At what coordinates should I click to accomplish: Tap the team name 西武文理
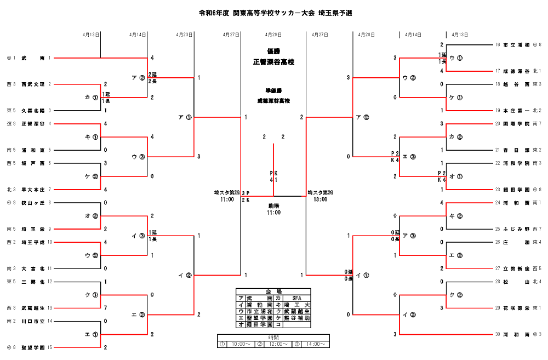(x=33, y=84)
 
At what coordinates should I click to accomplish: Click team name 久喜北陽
(x=33, y=110)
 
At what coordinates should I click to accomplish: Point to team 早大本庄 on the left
(x=33, y=190)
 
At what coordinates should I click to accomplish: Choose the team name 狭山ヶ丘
(x=33, y=203)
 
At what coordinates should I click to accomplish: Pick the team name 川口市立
(x=33, y=321)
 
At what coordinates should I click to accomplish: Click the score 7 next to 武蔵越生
(x=105, y=308)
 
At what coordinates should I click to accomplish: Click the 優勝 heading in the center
(x=273, y=51)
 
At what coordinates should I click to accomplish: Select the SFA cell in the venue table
(x=297, y=298)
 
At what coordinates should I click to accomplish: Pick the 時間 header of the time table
(x=273, y=338)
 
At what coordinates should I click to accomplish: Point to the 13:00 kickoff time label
(x=321, y=199)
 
